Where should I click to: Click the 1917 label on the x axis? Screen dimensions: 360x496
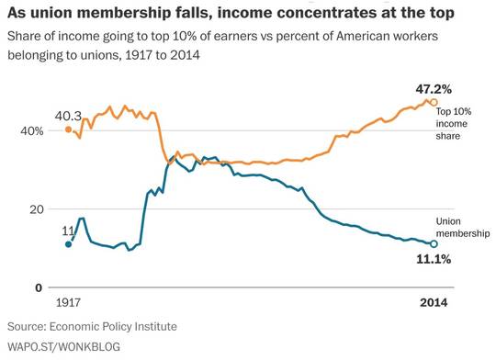click(68, 302)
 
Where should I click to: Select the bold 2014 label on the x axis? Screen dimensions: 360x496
click(434, 302)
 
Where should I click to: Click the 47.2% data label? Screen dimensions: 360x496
click(434, 90)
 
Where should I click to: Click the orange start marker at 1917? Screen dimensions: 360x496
click(68, 129)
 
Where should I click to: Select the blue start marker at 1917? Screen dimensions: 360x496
click(68, 244)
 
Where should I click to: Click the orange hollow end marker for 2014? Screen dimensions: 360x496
click(434, 102)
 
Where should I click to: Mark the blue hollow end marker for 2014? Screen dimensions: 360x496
click(434, 244)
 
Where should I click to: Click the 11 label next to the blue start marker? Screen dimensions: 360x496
click(68, 231)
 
